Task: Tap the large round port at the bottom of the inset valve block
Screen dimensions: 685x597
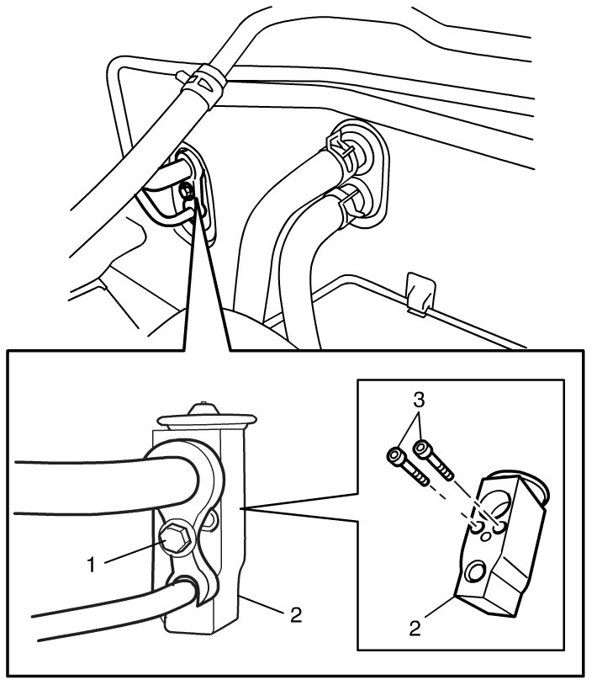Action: tap(476, 574)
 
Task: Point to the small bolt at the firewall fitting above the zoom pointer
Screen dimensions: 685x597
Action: tap(186, 195)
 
